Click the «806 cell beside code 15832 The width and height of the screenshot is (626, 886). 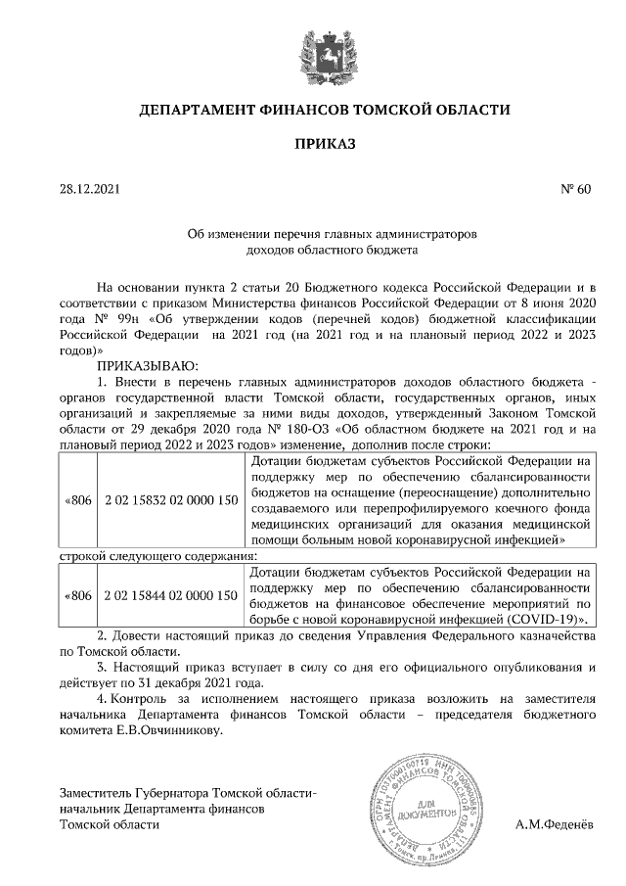pos(77,500)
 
